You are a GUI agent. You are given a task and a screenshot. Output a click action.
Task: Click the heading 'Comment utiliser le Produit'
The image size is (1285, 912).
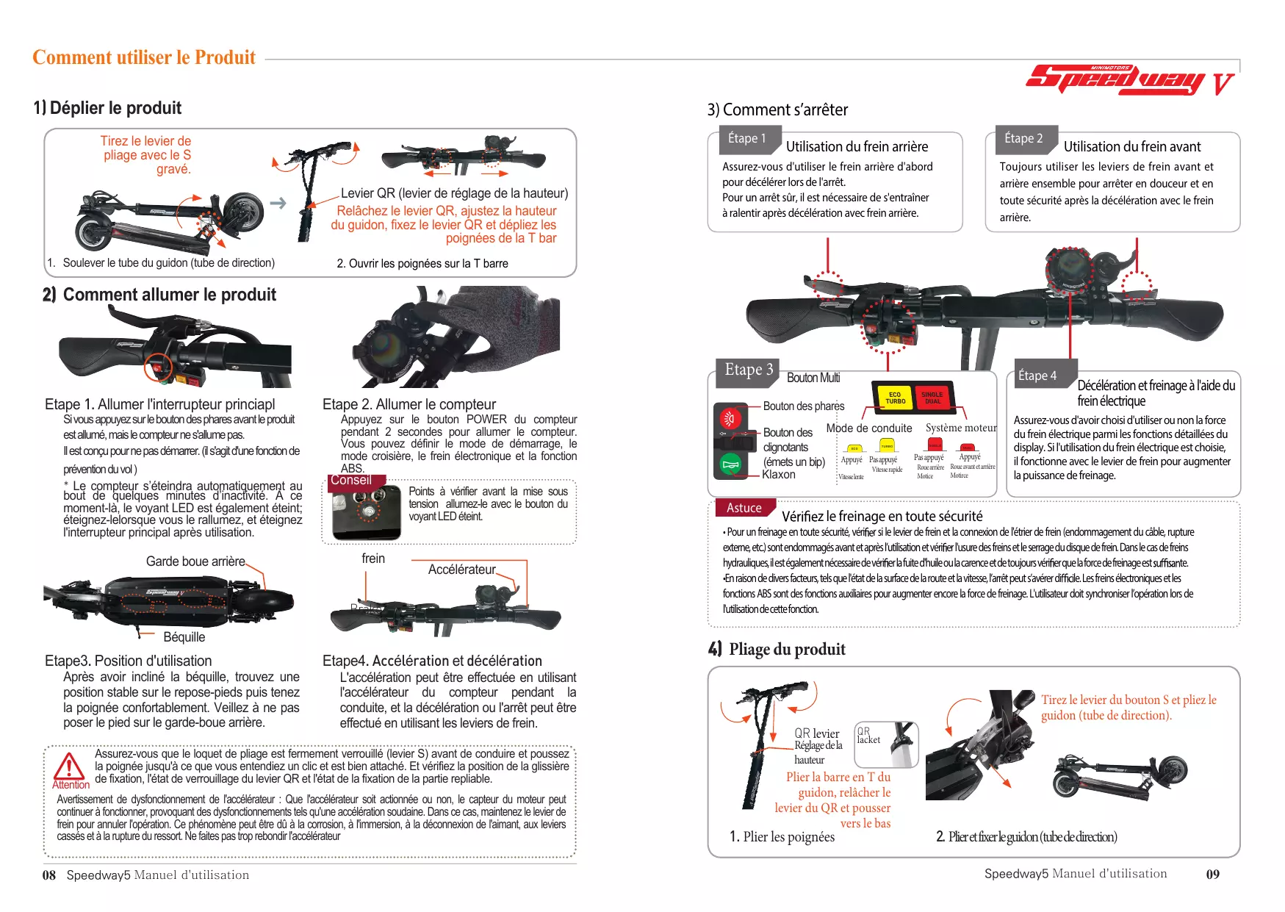point(144,58)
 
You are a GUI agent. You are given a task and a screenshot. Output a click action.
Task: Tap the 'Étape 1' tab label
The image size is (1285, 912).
point(746,138)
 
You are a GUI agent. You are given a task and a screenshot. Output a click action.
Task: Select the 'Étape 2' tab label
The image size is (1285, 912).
point(1023,138)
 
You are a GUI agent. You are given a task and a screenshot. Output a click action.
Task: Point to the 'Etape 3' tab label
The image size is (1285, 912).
point(748,370)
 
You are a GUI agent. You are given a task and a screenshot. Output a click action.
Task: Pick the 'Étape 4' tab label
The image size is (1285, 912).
point(1037,376)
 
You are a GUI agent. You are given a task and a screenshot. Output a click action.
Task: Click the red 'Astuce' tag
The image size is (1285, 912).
point(744,508)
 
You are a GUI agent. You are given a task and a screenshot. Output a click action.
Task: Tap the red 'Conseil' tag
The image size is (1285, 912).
point(350,481)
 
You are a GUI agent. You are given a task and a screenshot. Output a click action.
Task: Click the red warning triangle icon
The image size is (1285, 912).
point(70,766)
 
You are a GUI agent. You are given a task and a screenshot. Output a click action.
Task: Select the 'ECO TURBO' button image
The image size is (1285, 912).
point(894,398)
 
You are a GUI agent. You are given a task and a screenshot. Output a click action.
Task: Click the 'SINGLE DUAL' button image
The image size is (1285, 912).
point(932,398)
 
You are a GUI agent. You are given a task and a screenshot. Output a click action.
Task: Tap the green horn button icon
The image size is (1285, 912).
point(730,464)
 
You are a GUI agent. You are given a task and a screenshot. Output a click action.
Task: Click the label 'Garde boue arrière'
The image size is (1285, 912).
point(195,561)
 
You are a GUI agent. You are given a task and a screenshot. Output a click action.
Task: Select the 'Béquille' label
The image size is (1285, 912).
point(184,637)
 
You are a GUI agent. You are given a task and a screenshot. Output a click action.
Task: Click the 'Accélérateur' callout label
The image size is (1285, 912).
point(461,570)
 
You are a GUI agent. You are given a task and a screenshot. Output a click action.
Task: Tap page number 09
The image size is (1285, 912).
point(1212,875)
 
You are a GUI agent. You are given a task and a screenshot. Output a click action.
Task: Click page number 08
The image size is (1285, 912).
point(49,875)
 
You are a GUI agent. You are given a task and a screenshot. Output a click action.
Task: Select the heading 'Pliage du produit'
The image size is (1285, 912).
point(787,649)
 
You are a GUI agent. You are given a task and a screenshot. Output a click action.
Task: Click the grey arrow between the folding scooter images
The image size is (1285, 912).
point(278,203)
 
